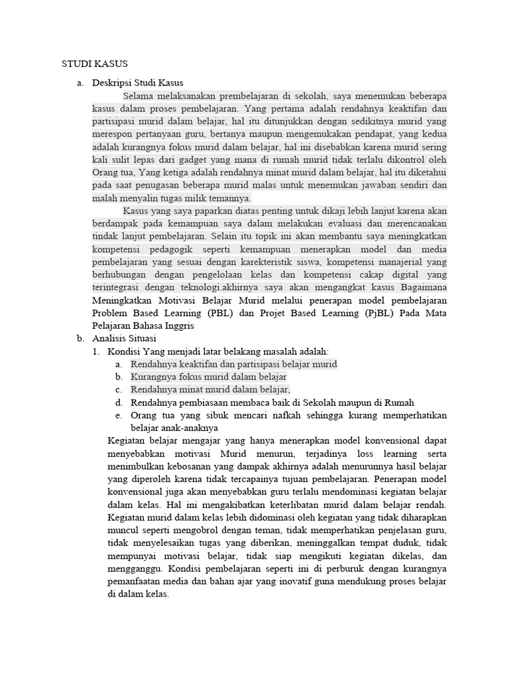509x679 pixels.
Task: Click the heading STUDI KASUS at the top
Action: [x=94, y=64]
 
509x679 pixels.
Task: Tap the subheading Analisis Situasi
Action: [x=124, y=338]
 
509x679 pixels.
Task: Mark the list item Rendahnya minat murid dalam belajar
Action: [x=210, y=390]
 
